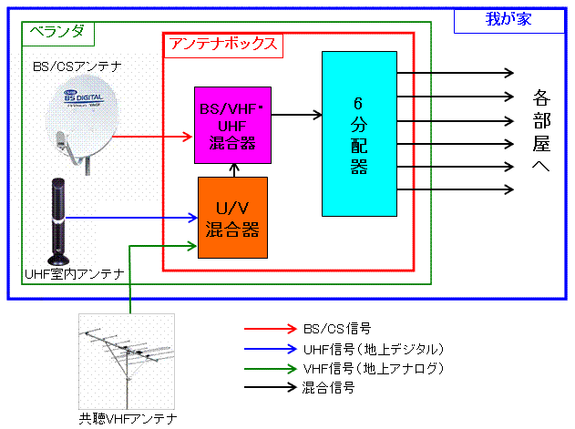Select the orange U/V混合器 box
point(233,218)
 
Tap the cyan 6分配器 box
point(359,134)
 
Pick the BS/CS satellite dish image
point(83,124)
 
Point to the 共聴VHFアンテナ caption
point(127,419)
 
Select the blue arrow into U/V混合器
point(133,218)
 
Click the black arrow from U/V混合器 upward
point(234,170)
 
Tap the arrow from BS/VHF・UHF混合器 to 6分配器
point(295,115)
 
